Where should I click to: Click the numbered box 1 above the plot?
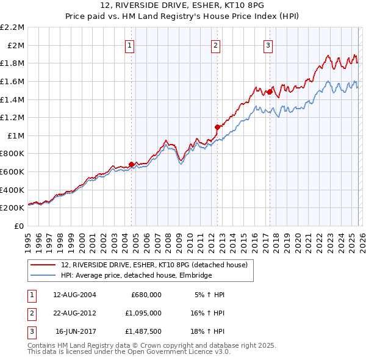[x=131, y=44]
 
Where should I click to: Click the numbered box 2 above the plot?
[x=216, y=44]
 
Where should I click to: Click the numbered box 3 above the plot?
[x=268, y=44]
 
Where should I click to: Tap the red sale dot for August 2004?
[x=131, y=164]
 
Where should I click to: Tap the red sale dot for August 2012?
[x=217, y=127]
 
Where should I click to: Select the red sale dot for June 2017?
[x=269, y=92]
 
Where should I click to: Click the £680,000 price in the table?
[x=146, y=295]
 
